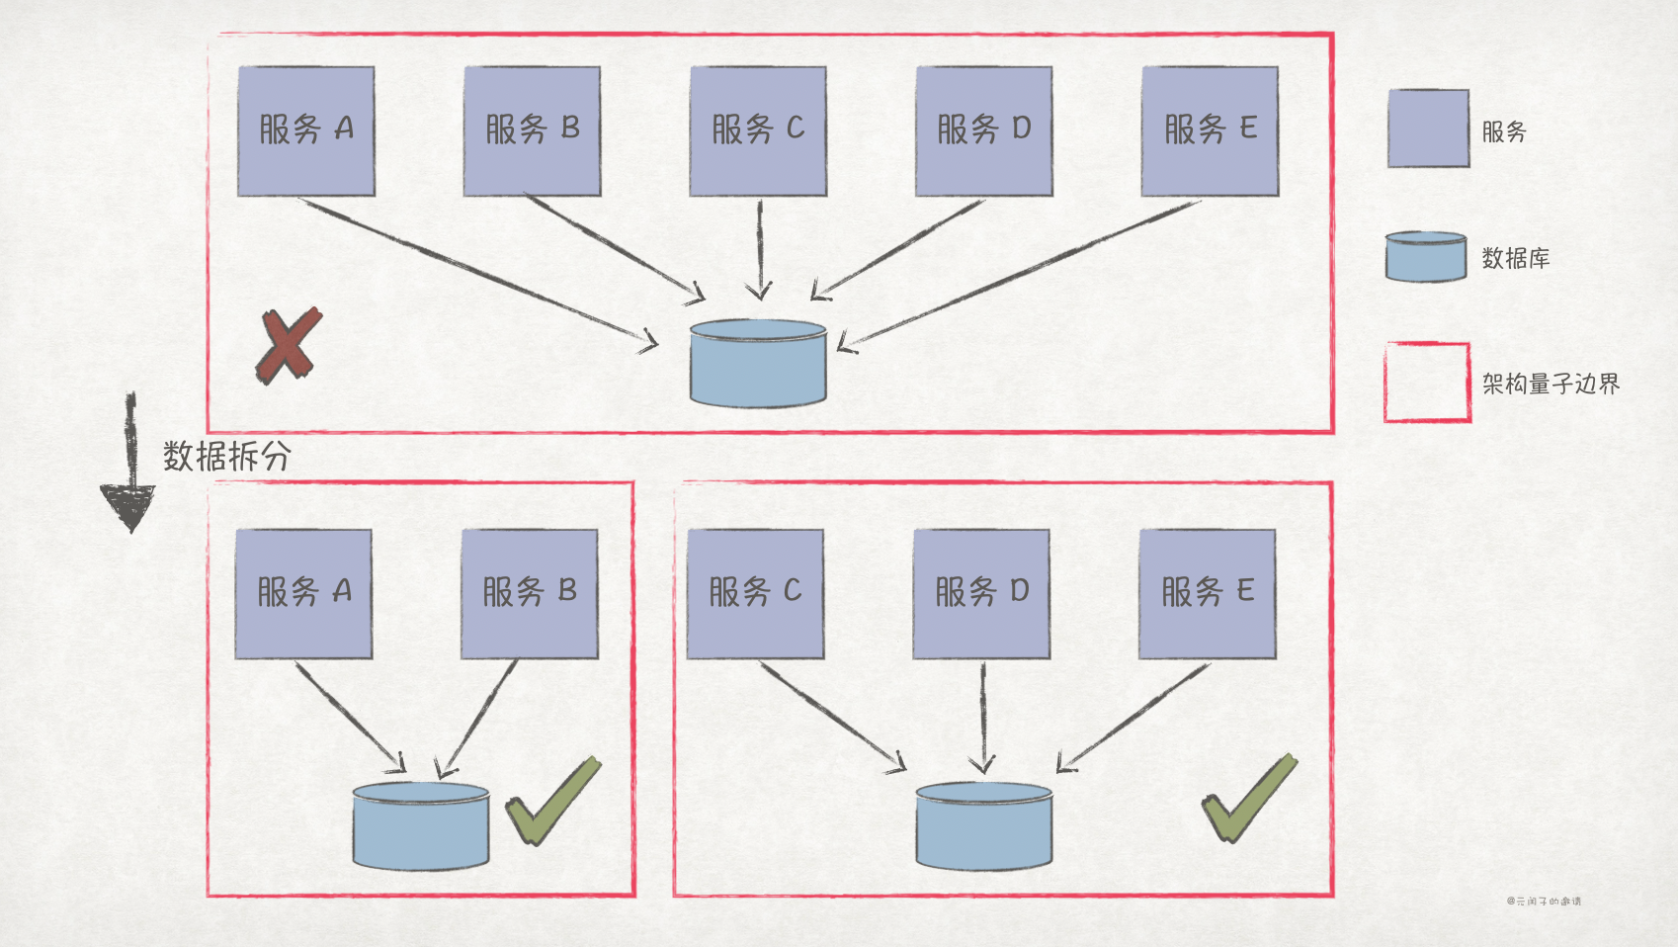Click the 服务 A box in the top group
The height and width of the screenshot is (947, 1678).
(306, 130)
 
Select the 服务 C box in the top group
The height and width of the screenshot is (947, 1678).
(758, 130)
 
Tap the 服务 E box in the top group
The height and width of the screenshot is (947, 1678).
(1210, 130)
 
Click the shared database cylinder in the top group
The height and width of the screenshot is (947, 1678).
(758, 363)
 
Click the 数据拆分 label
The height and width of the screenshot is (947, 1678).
(226, 456)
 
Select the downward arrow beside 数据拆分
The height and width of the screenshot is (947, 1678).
(129, 465)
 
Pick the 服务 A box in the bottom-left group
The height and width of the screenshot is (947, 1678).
(303, 593)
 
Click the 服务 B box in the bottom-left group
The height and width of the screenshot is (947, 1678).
(530, 593)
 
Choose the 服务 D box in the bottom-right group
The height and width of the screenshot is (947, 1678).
(981, 593)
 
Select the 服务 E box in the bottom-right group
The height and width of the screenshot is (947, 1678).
(1207, 593)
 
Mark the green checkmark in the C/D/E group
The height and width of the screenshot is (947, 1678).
(1248, 799)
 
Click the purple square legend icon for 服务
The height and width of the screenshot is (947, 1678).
(1428, 129)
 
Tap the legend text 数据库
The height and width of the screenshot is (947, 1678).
(1515, 259)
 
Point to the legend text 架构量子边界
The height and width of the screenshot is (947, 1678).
(1551, 384)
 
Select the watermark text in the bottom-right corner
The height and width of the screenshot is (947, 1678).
(1544, 902)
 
